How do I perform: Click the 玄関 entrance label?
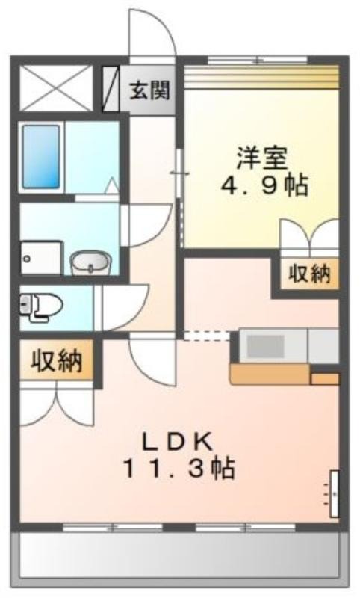(x=149, y=90)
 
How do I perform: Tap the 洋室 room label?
(x=261, y=158)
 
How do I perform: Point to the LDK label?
(x=178, y=442)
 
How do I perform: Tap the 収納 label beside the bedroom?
(x=309, y=273)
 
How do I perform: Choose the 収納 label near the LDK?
(x=57, y=361)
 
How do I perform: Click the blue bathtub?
(x=41, y=157)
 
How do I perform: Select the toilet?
(x=41, y=306)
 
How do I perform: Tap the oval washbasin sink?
(x=90, y=262)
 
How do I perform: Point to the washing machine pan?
(x=41, y=258)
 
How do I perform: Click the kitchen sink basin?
(x=266, y=346)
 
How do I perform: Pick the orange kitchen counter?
(x=270, y=374)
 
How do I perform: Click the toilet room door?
(x=124, y=306)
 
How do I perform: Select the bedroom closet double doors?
(x=310, y=235)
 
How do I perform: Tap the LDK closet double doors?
(x=57, y=405)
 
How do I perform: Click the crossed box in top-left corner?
(x=56, y=88)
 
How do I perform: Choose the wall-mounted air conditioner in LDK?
(x=334, y=493)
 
